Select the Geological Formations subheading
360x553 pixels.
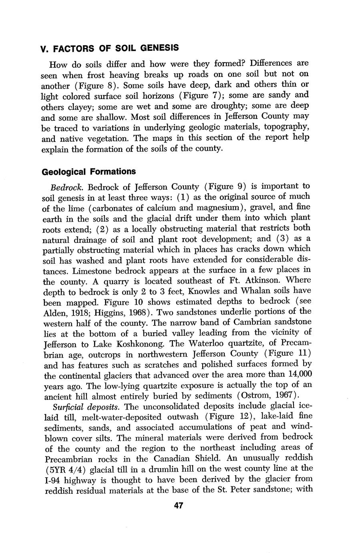coord(89,172)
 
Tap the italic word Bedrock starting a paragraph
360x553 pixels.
coord(67,187)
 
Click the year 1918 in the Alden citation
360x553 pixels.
coord(78,312)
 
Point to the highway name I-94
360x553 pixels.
coord(52,479)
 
